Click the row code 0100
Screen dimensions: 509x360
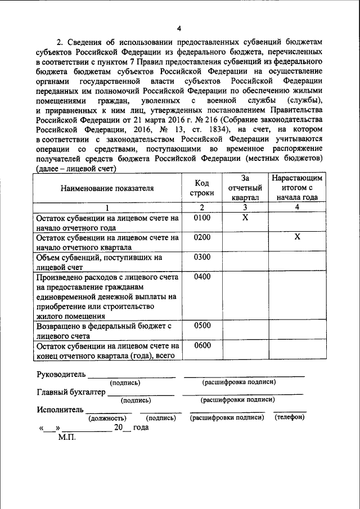pyautogui.click(x=201, y=218)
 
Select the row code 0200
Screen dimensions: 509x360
pyautogui.click(x=201, y=237)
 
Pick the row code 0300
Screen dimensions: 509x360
pyautogui.click(x=201, y=257)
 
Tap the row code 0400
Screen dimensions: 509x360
pyautogui.click(x=201, y=277)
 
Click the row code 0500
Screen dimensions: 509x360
pyautogui.click(x=201, y=326)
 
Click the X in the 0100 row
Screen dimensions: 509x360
pyautogui.click(x=245, y=218)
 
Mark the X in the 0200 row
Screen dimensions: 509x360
pyautogui.click(x=296, y=237)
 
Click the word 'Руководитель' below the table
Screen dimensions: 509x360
pyautogui.click(x=61, y=374)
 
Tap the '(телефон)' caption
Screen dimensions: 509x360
pyautogui.click(x=290, y=417)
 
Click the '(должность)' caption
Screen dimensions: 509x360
pyautogui.click(x=106, y=418)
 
